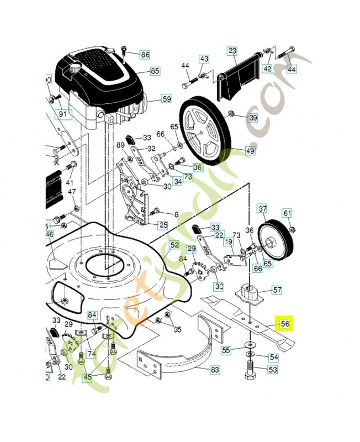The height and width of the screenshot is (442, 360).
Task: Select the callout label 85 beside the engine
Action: [155, 71]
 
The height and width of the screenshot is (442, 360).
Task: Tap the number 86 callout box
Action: [145, 55]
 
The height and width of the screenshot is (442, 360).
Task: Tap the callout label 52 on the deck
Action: [174, 245]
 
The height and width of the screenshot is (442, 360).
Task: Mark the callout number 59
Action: [166, 99]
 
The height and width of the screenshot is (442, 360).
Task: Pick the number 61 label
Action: [287, 213]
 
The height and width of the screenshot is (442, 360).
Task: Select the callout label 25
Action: [163, 225]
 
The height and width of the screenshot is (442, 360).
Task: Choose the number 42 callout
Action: [267, 69]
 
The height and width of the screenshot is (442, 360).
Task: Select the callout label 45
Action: [87, 378]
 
